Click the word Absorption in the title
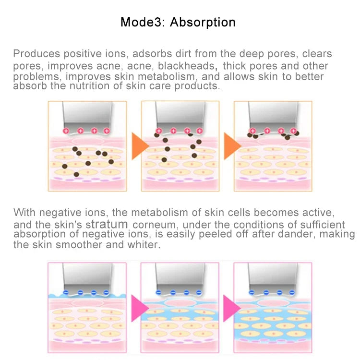tap(203, 23)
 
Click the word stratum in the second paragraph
tap(107, 224)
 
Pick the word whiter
tap(144, 244)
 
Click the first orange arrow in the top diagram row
tap(140, 146)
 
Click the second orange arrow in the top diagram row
tap(232, 146)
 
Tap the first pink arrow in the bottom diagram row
tap(140, 308)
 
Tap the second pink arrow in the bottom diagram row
tap(232, 308)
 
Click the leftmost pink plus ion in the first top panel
tap(66, 131)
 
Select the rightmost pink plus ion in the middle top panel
tap(200, 131)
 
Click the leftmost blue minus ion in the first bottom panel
tap(66, 292)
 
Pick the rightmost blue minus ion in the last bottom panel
tap(292, 292)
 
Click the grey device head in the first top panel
tap(87, 116)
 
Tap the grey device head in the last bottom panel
tap(273, 278)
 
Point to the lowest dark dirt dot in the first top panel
tap(76, 175)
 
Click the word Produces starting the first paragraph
tap(37, 54)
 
